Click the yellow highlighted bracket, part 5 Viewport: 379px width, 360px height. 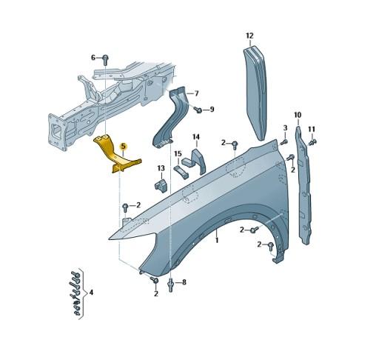coord(113,155)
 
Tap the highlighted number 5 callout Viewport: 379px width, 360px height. coord(123,146)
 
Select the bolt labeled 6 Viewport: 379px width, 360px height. coord(105,59)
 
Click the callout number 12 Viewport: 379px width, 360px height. coord(249,36)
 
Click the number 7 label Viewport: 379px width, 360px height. coord(196,93)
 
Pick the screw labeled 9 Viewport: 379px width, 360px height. coord(198,110)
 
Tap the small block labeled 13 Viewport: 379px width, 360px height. coord(161,184)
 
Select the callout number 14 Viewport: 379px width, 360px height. coord(196,137)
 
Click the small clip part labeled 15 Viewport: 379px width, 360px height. coord(181,171)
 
